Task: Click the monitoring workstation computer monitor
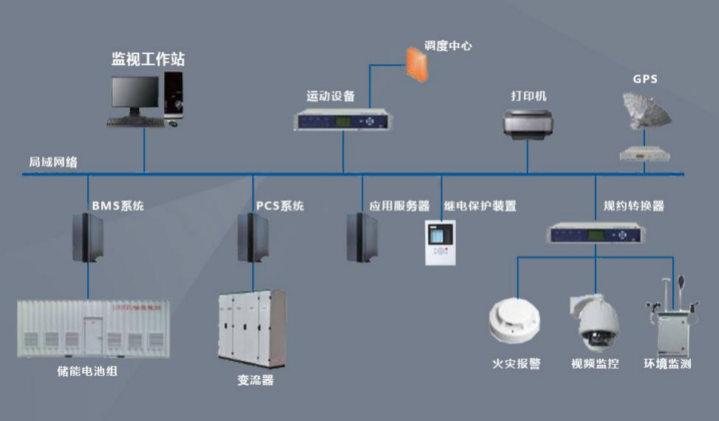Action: click(134, 95)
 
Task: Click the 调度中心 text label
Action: click(448, 45)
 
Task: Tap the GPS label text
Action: click(644, 79)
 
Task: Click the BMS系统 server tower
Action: click(87, 238)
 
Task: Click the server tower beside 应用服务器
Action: click(362, 238)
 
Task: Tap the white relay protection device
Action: click(441, 242)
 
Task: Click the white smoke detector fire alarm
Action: click(514, 322)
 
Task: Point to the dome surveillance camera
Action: click(594, 321)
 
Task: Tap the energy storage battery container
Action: click(93, 328)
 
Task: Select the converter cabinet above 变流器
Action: click(252, 329)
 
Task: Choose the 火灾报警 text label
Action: click(517, 364)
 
